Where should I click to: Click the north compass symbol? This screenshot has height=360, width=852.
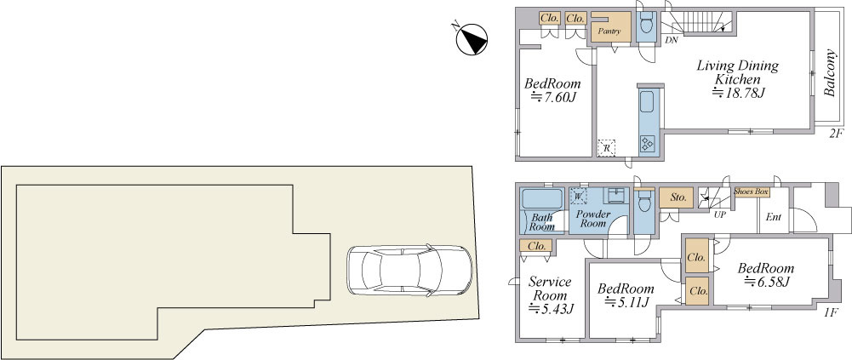(471, 39)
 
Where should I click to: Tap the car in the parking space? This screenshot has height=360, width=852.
(409, 270)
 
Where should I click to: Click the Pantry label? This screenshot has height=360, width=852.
(609, 31)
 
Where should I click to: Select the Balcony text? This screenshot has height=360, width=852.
(829, 72)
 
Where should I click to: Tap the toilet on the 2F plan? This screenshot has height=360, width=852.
(647, 25)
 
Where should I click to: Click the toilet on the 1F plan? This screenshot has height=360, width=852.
(644, 202)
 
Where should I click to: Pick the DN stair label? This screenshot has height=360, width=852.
(672, 40)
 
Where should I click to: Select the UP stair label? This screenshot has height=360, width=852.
(721, 214)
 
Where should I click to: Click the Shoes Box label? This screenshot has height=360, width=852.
(752, 191)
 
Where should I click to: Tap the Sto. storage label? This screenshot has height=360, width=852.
(677, 197)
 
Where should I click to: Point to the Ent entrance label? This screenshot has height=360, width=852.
(774, 217)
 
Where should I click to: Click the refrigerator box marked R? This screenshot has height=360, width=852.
(606, 148)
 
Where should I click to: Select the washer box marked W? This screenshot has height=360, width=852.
(579, 196)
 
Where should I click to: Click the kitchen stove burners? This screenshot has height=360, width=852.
(649, 143)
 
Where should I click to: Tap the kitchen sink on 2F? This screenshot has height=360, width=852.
(647, 101)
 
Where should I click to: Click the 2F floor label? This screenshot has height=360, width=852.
(836, 134)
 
